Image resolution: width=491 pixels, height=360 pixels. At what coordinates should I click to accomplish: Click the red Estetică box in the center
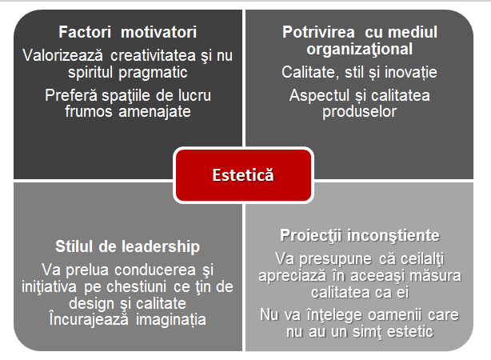coord(243,175)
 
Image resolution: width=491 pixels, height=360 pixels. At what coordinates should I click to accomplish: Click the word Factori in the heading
coord(85,32)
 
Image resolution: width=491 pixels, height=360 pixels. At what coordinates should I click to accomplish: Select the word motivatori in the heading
coord(159,32)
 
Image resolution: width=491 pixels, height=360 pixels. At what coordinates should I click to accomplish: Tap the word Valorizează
coord(63,55)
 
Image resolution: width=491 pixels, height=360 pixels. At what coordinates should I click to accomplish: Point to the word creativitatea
coord(153,55)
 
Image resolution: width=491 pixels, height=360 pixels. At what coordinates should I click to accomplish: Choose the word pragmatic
coord(153,73)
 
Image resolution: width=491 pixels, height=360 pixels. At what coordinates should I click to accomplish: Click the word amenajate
coord(154,111)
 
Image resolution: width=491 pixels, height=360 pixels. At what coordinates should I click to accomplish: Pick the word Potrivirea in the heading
coord(318,32)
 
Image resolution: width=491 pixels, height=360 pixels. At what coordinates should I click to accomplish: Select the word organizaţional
coord(360,49)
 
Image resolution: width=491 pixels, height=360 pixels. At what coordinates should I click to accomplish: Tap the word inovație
coord(411,72)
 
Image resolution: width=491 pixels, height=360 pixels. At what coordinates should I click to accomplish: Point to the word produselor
coord(360,112)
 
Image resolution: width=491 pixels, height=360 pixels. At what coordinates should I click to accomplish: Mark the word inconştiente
coord(393,236)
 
